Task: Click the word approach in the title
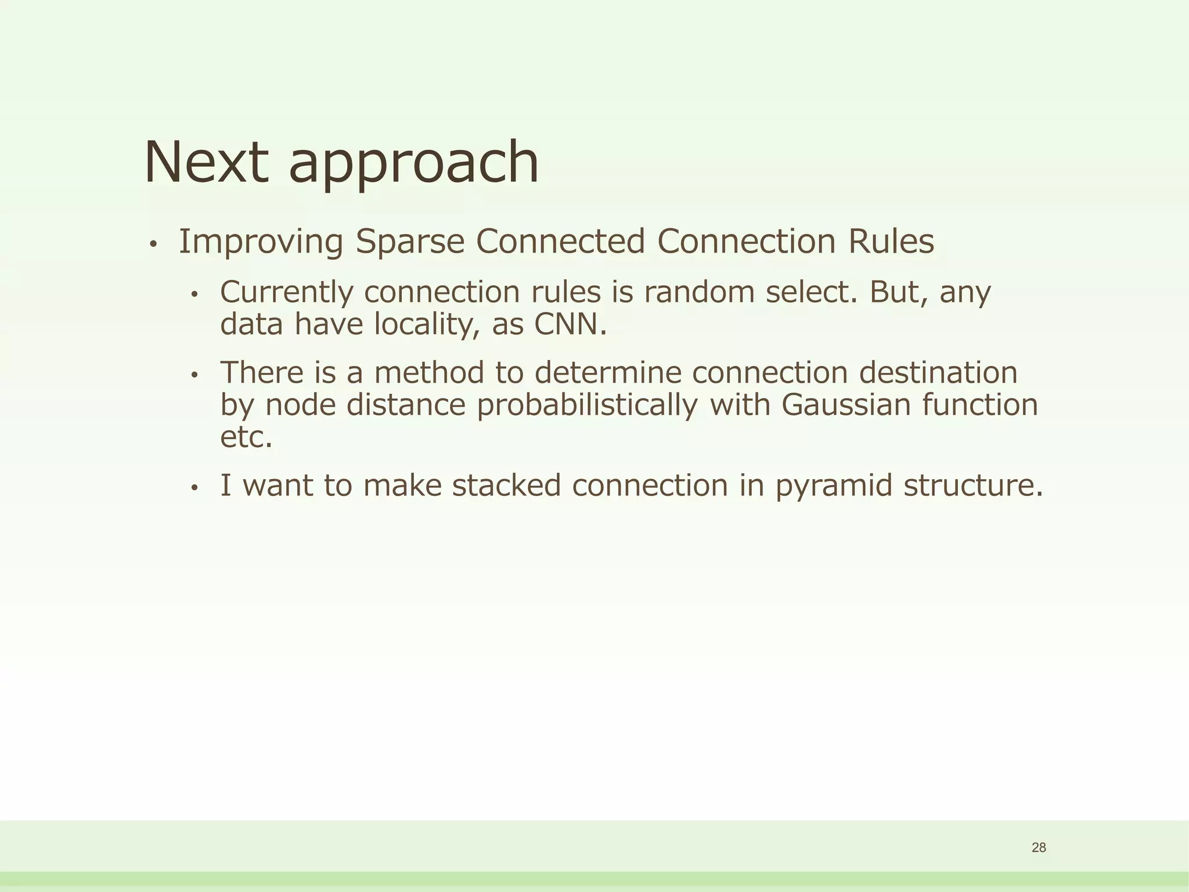[413, 166]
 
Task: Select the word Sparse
[410, 243]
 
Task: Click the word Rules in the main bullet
[891, 242]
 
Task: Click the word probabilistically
[587, 405]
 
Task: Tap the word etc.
[246, 437]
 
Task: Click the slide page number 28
[1039, 848]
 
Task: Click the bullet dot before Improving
[153, 245]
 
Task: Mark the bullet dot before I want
[195, 488]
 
